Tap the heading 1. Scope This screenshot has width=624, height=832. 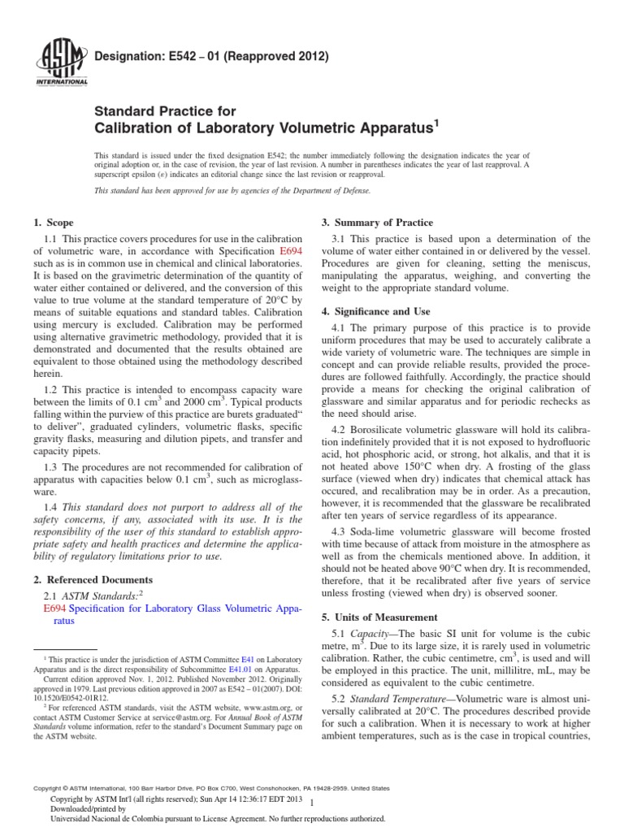coord(53,223)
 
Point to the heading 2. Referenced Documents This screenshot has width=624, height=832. coord(92,579)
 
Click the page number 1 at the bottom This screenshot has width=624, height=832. coord(312,802)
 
